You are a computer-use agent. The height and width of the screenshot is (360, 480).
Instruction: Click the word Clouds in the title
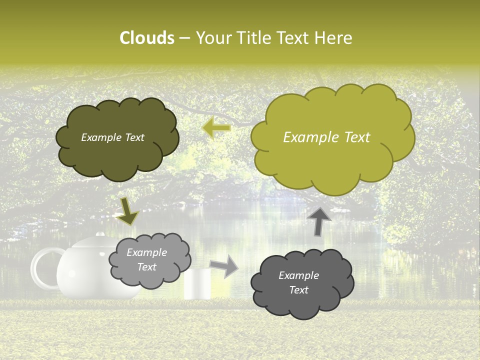tap(147, 38)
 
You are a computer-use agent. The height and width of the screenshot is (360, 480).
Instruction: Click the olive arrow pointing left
tap(216, 128)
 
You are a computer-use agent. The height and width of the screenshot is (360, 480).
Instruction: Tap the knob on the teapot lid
tap(100, 234)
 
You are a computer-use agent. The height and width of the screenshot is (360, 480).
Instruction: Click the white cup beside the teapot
tap(197, 284)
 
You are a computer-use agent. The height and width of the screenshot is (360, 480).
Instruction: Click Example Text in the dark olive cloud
tap(112, 137)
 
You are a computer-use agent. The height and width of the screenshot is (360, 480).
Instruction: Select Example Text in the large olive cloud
tap(326, 137)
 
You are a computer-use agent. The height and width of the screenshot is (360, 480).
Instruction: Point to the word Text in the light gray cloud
tap(147, 267)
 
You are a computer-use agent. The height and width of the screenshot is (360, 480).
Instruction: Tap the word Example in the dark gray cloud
tap(298, 275)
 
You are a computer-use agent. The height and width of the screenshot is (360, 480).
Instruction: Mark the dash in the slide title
tap(184, 38)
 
